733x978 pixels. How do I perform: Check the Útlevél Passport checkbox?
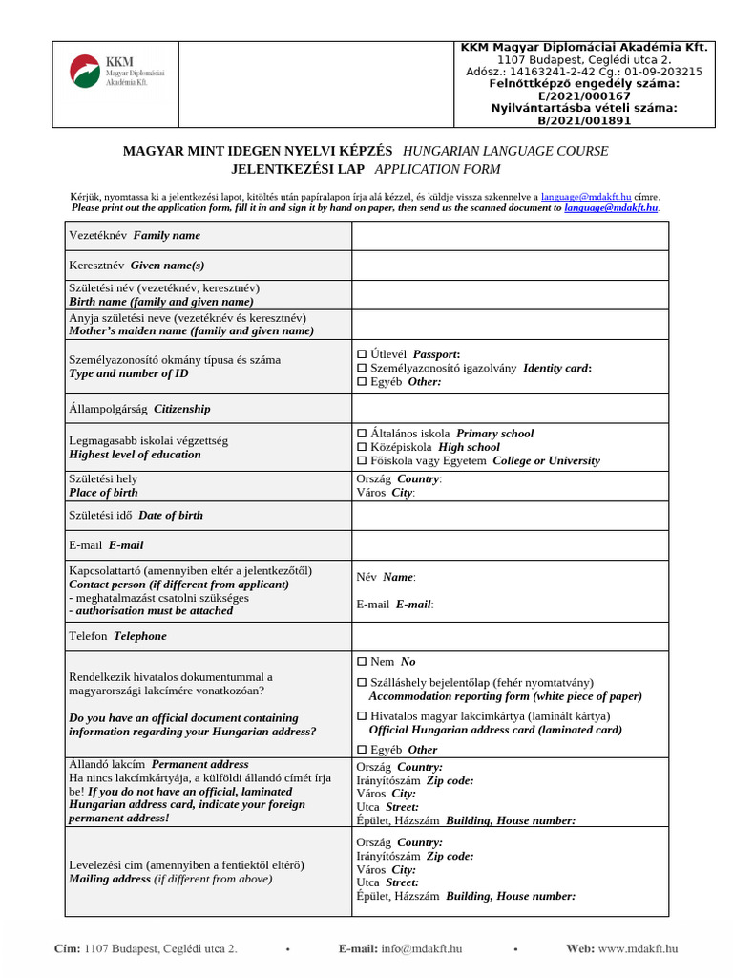(362, 354)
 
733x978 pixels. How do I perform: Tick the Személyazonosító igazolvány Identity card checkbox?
(362, 368)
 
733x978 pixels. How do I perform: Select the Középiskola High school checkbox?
(362, 447)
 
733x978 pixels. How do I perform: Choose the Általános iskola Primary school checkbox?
(362, 434)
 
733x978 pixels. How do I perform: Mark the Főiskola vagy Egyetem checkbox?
(362, 460)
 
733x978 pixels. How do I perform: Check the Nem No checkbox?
(362, 662)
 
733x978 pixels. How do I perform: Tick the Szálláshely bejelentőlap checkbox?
(362, 683)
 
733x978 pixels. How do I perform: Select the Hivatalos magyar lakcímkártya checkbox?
(362, 716)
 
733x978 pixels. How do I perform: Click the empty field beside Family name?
(510, 235)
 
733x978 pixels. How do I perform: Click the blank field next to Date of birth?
(510, 516)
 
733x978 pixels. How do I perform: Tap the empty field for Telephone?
(510, 636)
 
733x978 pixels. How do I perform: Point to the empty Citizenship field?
(510, 409)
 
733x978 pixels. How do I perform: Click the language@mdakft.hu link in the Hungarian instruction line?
(586, 196)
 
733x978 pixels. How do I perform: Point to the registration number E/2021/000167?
(584, 96)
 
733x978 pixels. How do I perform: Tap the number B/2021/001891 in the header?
(584, 120)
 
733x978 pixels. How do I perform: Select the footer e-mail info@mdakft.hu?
(421, 948)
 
